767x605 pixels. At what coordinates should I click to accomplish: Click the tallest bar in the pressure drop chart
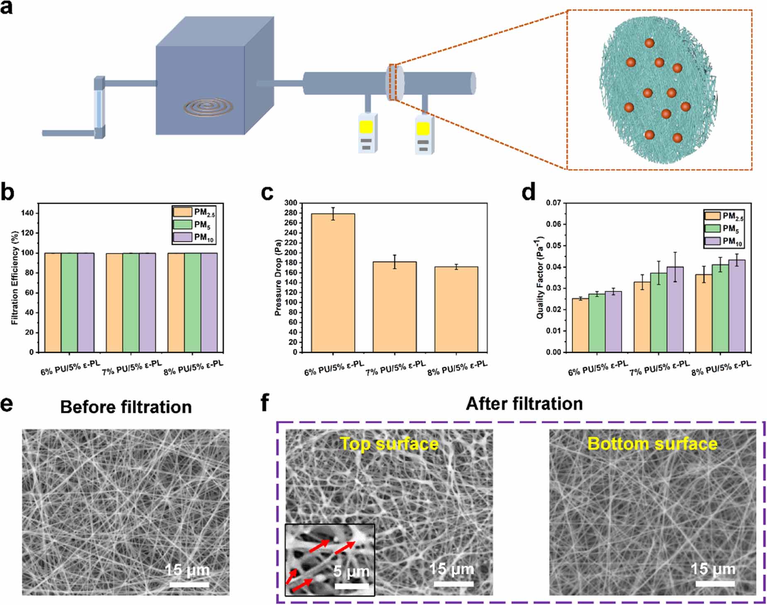click(333, 282)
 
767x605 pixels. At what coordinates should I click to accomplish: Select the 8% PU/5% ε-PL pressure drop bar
click(456, 309)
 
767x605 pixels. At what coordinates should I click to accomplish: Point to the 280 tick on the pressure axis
click(291, 213)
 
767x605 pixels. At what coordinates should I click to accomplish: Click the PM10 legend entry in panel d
click(724, 241)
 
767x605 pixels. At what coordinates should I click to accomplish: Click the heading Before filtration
click(126, 407)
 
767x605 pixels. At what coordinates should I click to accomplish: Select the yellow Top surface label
click(389, 444)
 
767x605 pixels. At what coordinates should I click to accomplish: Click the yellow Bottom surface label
click(652, 444)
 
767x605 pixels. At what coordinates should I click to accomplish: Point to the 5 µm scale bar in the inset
click(352, 585)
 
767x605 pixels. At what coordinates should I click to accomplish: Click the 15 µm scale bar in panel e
click(189, 584)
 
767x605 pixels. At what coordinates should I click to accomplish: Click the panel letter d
click(528, 193)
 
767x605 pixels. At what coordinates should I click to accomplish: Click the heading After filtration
click(524, 404)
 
